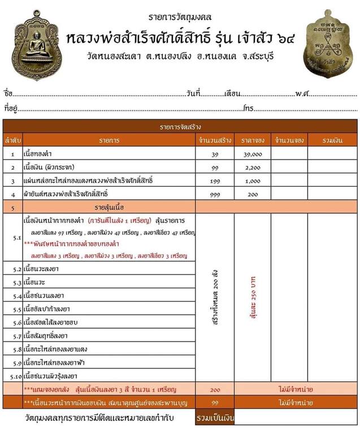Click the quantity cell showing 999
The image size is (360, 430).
[214, 194]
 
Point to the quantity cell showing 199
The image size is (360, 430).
[214, 180]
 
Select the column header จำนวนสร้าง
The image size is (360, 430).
[214, 140]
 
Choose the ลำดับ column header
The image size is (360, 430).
[12, 140]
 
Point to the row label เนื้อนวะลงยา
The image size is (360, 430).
[42, 269]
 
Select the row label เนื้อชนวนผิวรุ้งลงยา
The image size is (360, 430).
[54, 375]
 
